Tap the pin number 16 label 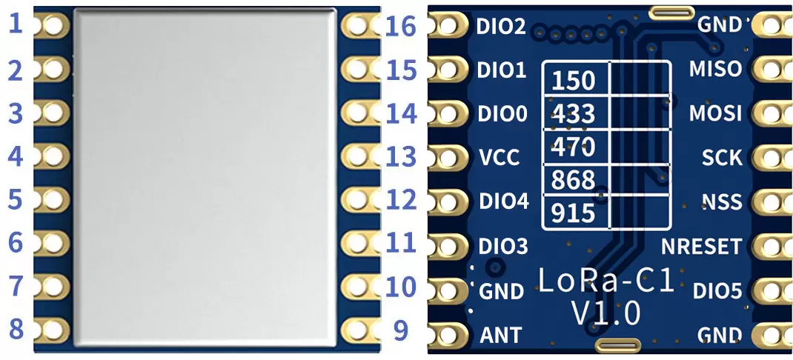pyautogui.click(x=401, y=27)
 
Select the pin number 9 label pyautogui.click(x=401, y=329)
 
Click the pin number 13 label pyautogui.click(x=401, y=156)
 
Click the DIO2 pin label pyautogui.click(x=502, y=27)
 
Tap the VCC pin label pyautogui.click(x=500, y=157)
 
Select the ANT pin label pyautogui.click(x=500, y=336)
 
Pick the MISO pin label pyautogui.click(x=714, y=69)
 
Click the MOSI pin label pyautogui.click(x=714, y=113)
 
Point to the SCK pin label pyautogui.click(x=722, y=157)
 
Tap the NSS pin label pyautogui.click(x=722, y=201)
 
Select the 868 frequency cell pyautogui.click(x=574, y=180)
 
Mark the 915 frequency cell pyautogui.click(x=574, y=213)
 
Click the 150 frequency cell pyautogui.click(x=574, y=80)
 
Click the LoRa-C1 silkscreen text pyautogui.click(x=605, y=281)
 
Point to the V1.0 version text pyautogui.click(x=605, y=313)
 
